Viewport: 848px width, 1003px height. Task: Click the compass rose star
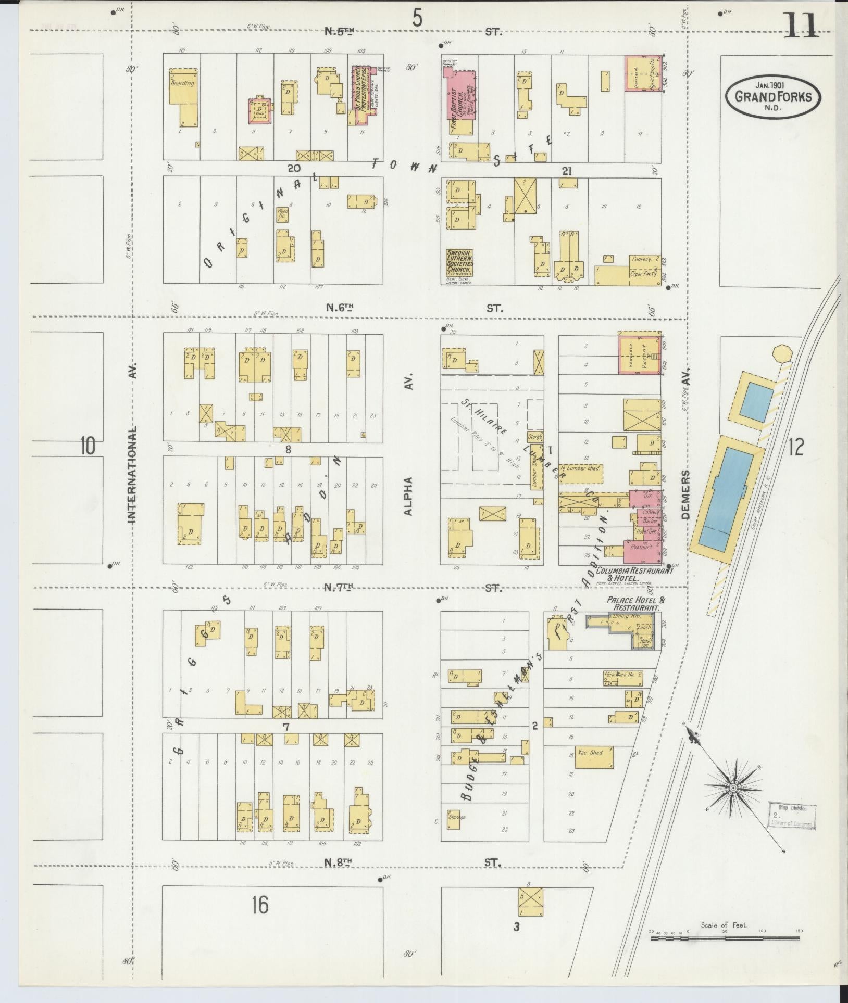click(733, 802)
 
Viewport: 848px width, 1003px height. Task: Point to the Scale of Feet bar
click(725, 938)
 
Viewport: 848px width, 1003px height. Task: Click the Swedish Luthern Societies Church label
click(459, 263)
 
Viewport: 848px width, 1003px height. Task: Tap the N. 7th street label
click(339, 588)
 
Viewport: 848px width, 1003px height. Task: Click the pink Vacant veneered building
click(640, 353)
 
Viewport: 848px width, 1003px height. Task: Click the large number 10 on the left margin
click(88, 447)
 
